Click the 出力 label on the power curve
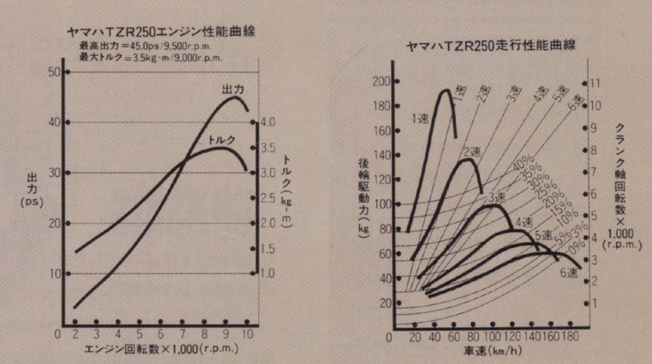point(232,90)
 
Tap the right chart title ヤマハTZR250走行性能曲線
point(490,46)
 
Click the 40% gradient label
point(523,166)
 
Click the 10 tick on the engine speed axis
point(247,334)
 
